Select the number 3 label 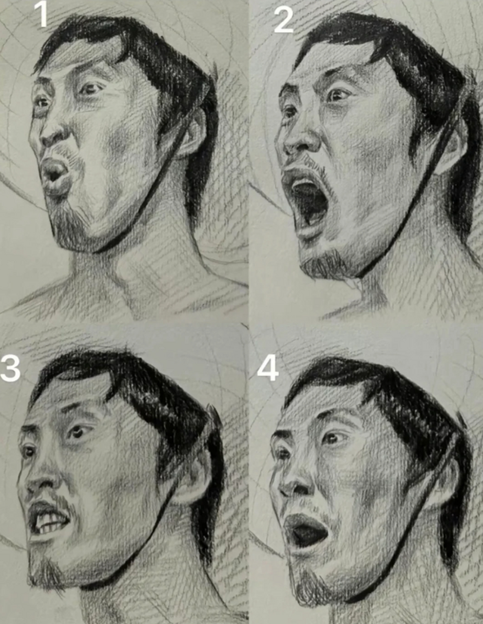pyautogui.click(x=10, y=368)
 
